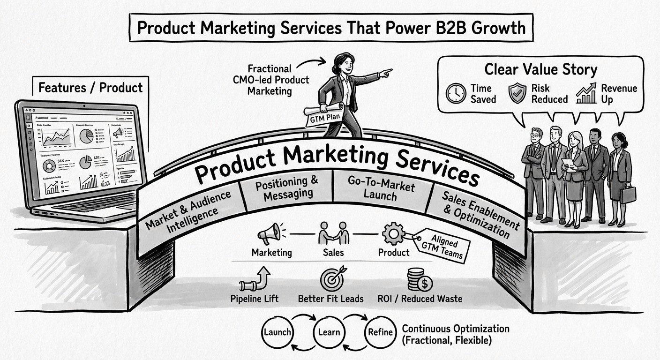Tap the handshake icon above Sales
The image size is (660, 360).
point(334,233)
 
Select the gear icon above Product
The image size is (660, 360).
point(393,232)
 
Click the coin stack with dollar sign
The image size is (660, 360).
point(419,280)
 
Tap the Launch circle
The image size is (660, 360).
point(277,332)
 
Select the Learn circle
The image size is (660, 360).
point(329,332)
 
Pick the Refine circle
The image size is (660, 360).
point(380,332)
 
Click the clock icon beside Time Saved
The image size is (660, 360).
point(455,93)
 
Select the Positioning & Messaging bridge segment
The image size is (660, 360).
point(287,188)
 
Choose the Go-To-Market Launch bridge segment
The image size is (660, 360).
point(380,188)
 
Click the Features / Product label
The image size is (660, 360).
point(90,87)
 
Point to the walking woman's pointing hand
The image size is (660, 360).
point(386,73)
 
